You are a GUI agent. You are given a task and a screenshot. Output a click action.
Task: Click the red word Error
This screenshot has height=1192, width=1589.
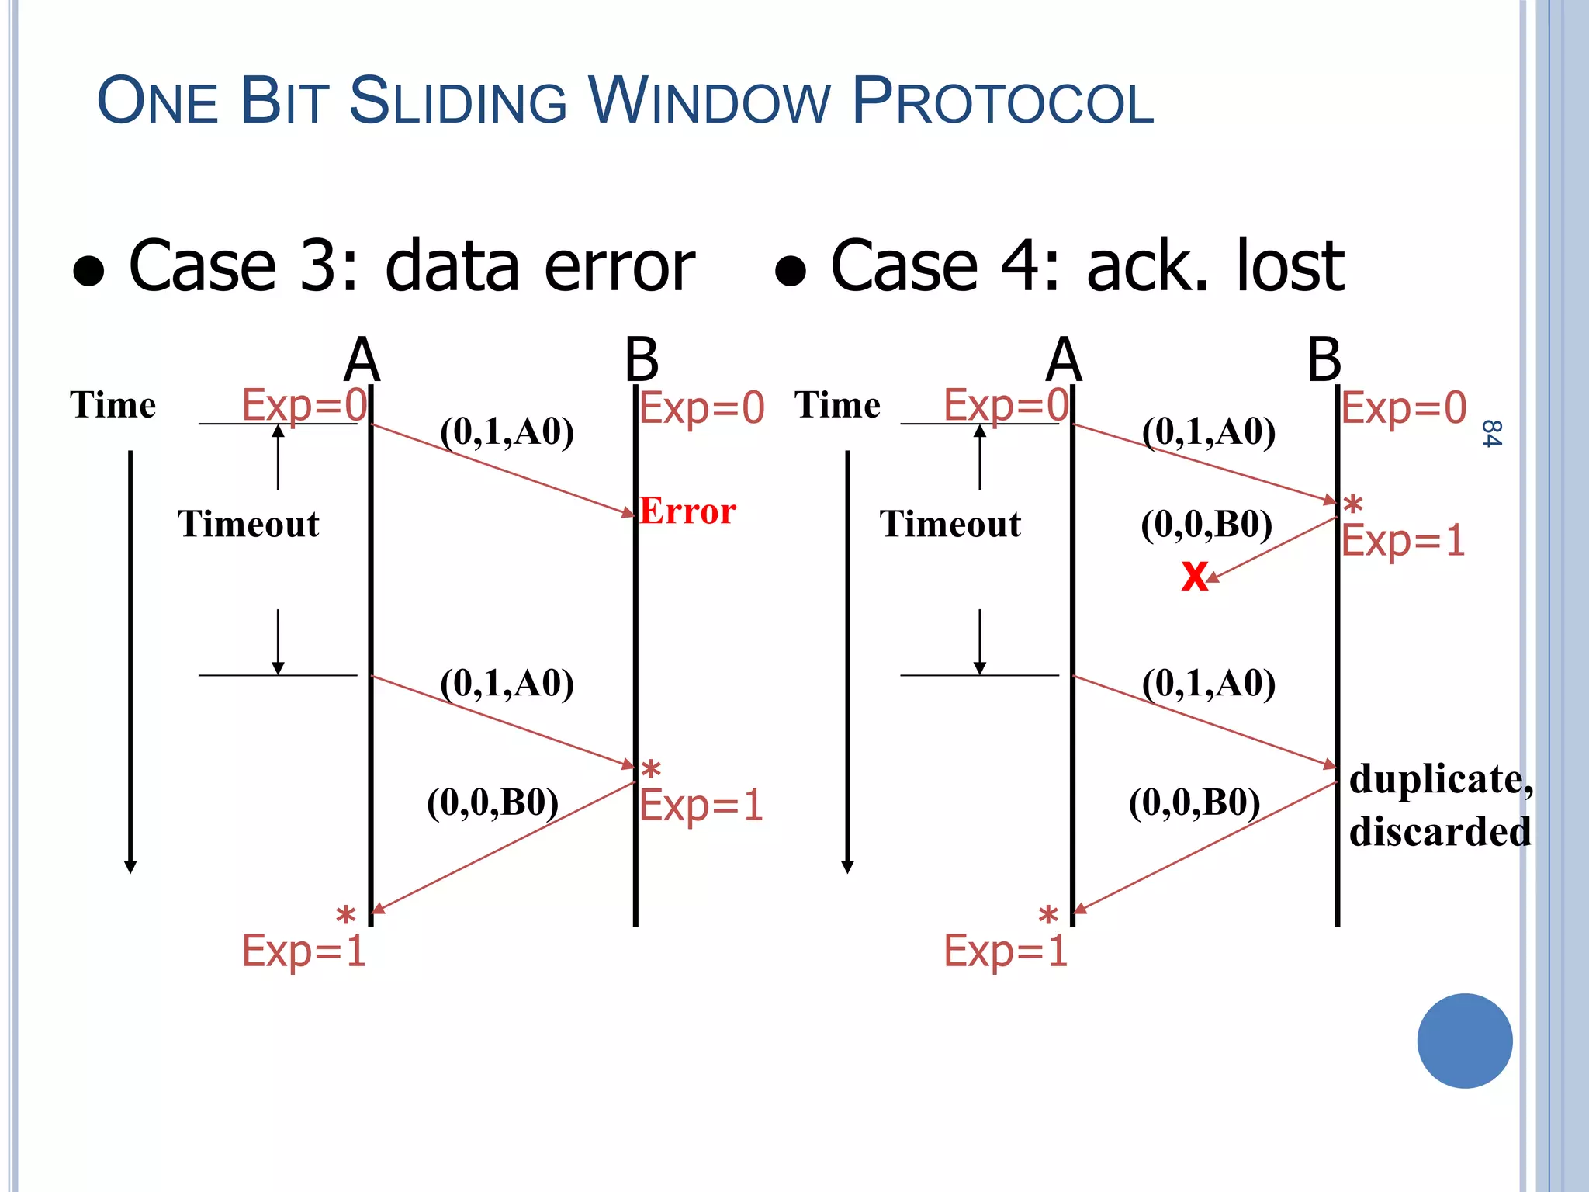[x=687, y=511]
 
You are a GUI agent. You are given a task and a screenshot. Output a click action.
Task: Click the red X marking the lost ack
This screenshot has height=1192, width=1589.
[x=1194, y=577]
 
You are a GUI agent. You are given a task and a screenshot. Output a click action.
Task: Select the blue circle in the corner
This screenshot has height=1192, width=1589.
[x=1464, y=1041]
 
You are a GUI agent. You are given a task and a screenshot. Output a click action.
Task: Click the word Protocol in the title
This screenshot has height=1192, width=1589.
[x=1002, y=102]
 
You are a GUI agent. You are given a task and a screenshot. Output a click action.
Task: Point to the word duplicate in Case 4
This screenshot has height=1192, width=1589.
[x=1440, y=779]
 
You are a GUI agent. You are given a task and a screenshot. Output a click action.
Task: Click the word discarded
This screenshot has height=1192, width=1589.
[x=1440, y=832]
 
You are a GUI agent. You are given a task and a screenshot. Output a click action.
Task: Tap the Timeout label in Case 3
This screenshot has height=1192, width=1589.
[x=248, y=524]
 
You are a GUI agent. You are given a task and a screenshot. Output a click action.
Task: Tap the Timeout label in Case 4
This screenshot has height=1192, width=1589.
[x=950, y=524]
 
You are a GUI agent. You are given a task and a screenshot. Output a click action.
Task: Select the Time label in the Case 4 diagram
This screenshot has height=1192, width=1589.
[x=837, y=405]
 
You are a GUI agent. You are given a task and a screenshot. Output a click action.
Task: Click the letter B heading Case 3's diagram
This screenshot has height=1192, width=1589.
[x=642, y=360]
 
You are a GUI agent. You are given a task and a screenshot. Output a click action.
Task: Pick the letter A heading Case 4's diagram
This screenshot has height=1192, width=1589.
[x=1063, y=360]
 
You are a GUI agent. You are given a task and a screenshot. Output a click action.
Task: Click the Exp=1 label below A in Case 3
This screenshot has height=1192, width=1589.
[x=303, y=951]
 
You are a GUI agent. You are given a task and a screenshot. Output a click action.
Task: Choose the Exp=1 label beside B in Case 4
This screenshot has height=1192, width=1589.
[x=1403, y=541]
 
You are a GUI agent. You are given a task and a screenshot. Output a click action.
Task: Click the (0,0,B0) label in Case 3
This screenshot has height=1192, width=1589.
[x=493, y=802]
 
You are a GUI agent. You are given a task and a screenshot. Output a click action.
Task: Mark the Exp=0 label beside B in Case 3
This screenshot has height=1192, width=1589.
[x=701, y=408]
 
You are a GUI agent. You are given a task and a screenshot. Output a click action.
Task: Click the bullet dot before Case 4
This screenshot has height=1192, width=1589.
[x=791, y=272]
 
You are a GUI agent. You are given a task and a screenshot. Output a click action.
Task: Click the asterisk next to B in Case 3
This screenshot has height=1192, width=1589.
[x=651, y=770]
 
